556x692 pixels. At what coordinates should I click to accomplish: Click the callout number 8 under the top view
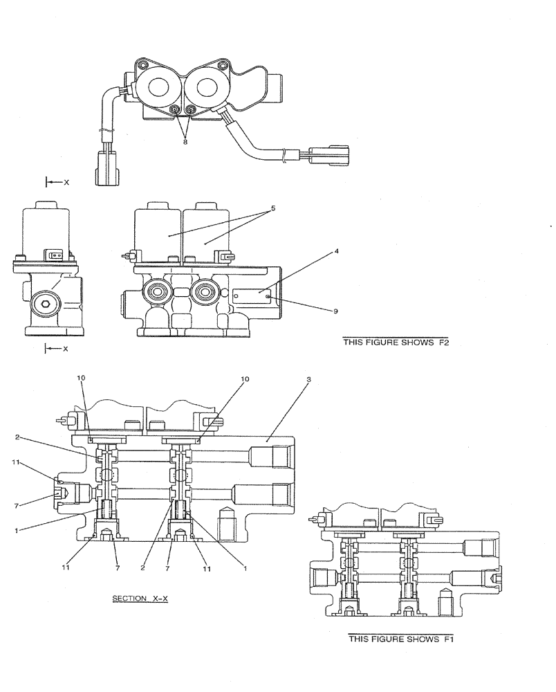pyautogui.click(x=185, y=142)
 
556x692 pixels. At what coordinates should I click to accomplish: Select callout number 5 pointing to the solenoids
pyautogui.click(x=273, y=207)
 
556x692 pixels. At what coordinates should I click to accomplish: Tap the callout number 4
pyautogui.click(x=336, y=251)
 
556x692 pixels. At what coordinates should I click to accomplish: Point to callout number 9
pyautogui.click(x=335, y=311)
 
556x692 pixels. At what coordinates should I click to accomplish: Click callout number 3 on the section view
pyautogui.click(x=309, y=380)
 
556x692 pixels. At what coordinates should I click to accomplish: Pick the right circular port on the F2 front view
pyautogui.click(x=205, y=294)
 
